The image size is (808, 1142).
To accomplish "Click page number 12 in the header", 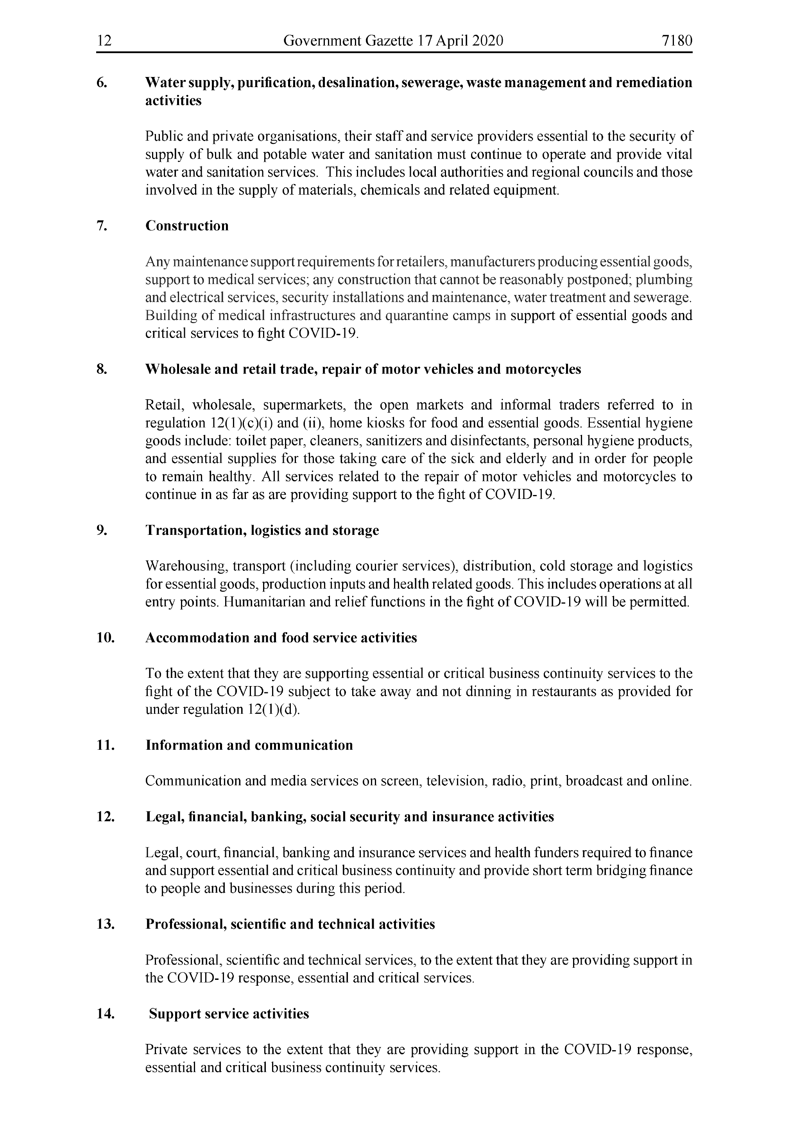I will [x=104, y=40].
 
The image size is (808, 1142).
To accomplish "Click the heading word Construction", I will [x=187, y=226].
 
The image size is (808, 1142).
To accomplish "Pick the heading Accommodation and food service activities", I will [x=281, y=638].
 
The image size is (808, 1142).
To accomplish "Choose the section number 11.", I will [x=106, y=745].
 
